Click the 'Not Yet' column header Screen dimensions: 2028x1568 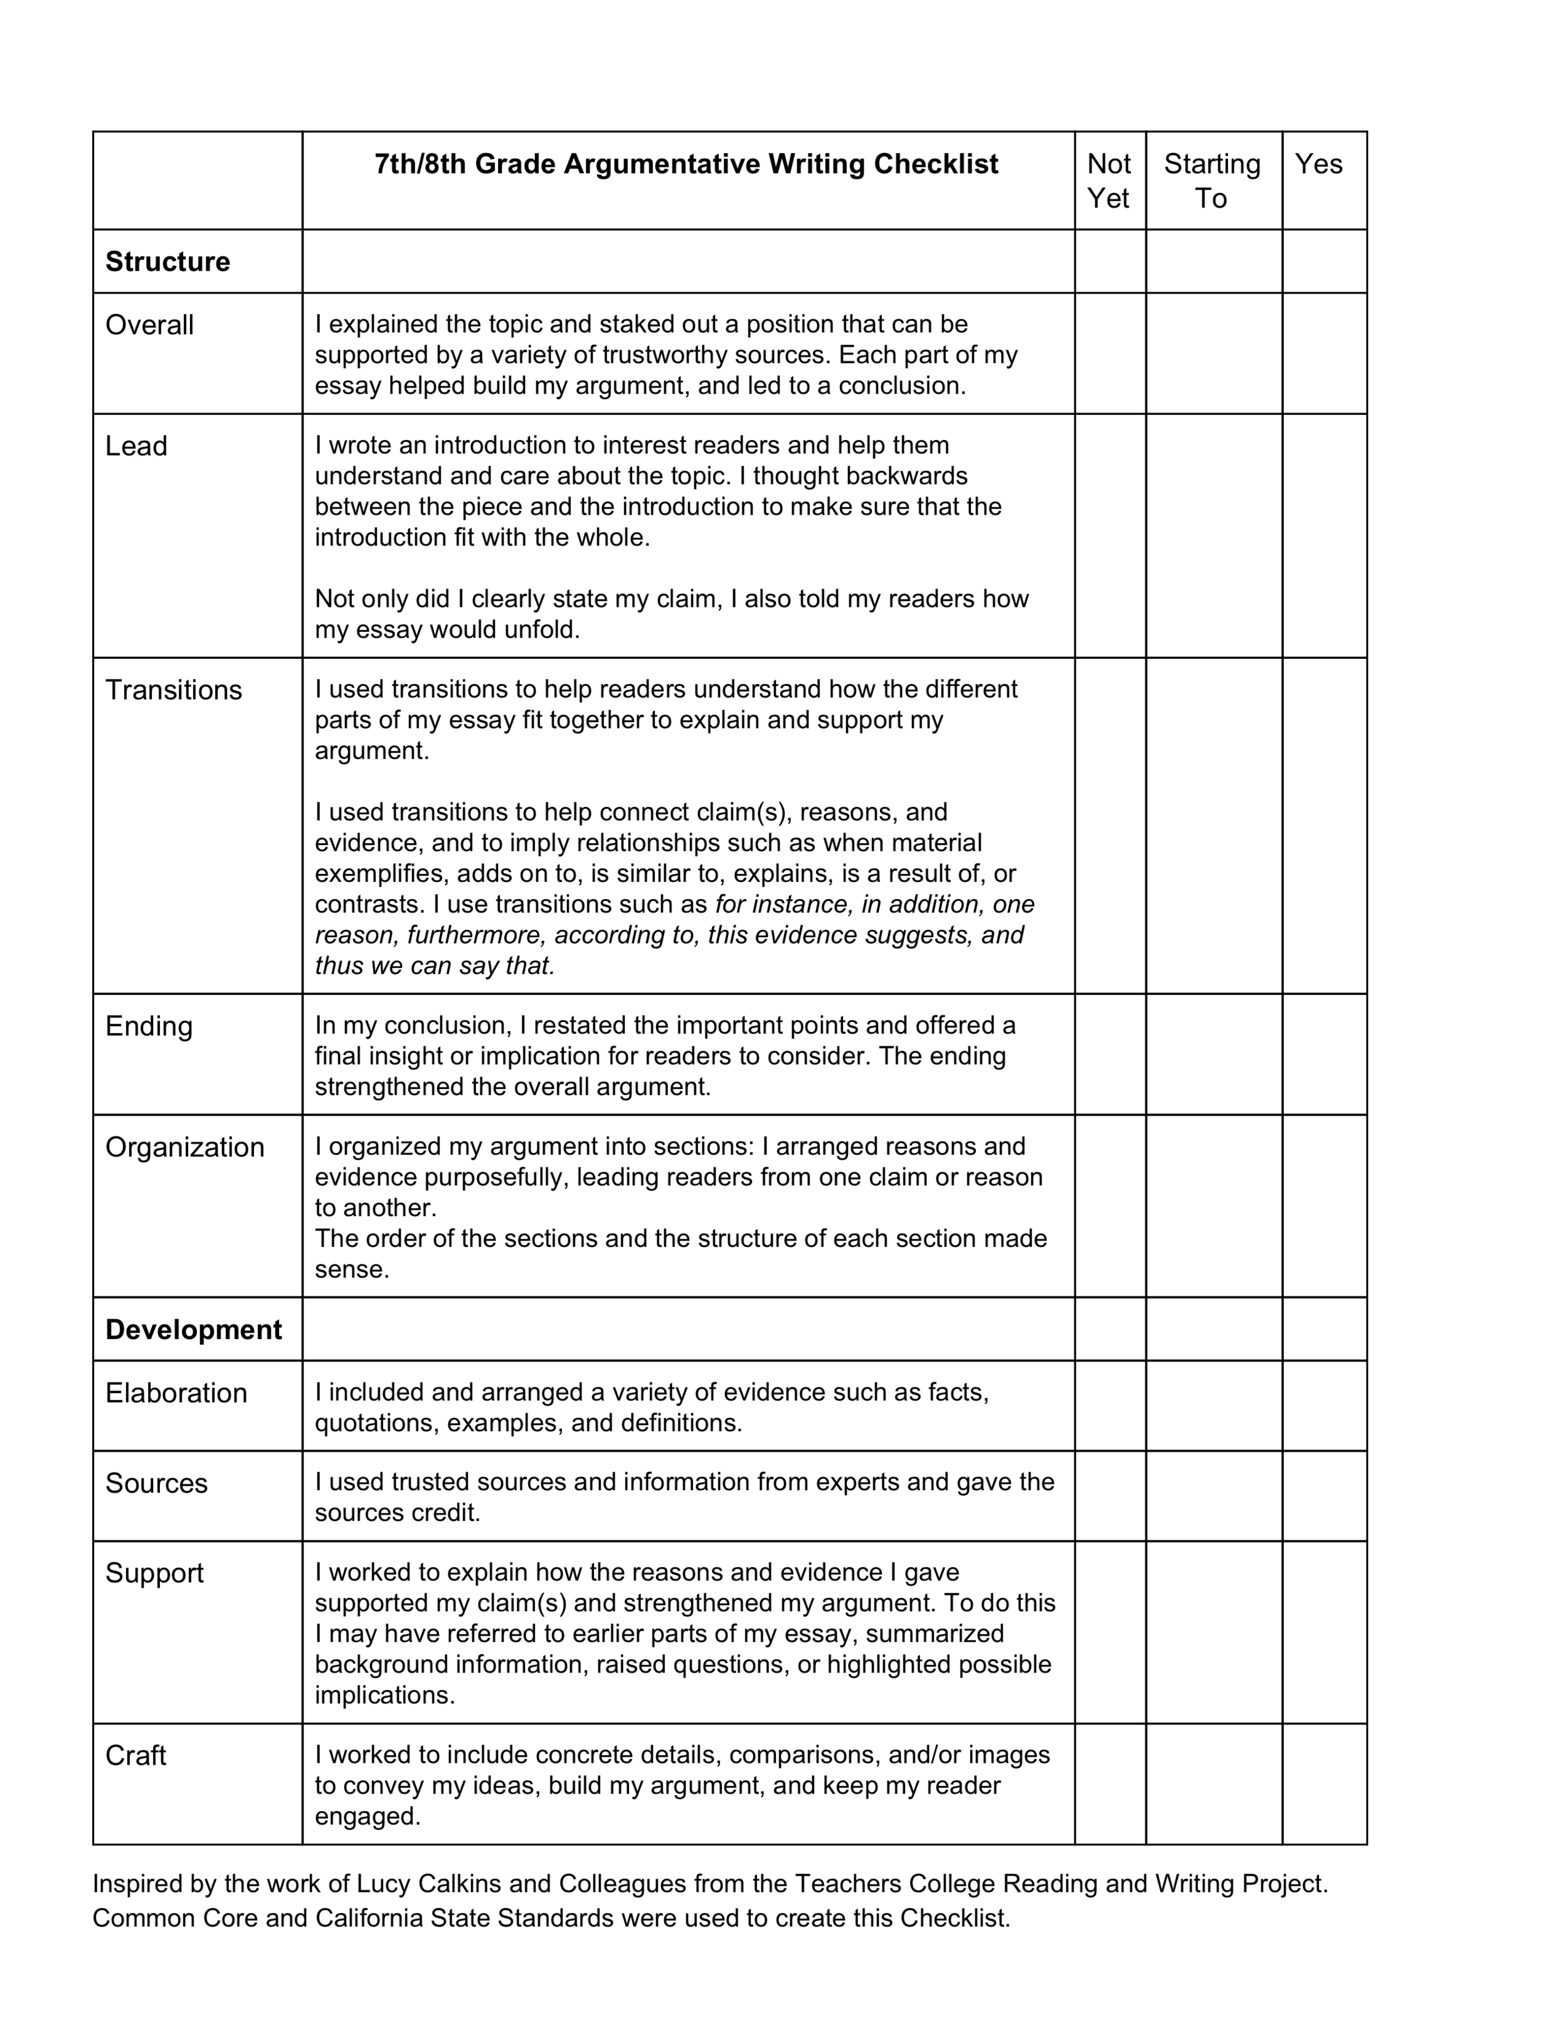pos(1109,181)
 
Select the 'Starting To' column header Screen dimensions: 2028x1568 pos(1212,181)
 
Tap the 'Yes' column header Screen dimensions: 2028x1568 pos(1318,164)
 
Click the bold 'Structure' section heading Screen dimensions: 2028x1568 pos(167,262)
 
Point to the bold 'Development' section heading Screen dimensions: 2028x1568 pos(193,1330)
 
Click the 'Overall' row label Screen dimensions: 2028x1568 pos(149,325)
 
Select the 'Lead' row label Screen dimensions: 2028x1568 pos(137,446)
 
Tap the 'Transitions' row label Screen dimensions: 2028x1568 pos(174,690)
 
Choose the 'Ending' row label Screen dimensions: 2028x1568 pos(149,1026)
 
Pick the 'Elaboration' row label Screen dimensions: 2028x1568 pos(176,1393)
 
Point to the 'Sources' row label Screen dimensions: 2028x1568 pos(156,1483)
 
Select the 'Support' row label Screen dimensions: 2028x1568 pos(154,1573)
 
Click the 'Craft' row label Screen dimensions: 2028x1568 pos(135,1756)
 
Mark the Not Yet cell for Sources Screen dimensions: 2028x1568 pos(1110,1496)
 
